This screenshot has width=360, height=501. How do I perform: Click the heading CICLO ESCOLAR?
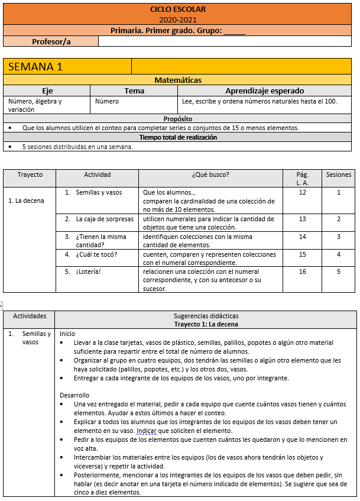178,9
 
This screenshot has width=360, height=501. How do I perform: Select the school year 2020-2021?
178,20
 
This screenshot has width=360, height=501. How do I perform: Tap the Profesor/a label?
51,41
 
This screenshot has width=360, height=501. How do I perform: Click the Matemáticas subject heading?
178,80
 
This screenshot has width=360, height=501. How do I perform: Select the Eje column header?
47,90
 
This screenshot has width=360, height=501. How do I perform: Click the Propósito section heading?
178,119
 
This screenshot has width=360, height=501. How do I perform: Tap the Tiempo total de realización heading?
178,137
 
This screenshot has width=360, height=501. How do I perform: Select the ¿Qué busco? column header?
210,174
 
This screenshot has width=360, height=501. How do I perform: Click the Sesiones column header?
339,174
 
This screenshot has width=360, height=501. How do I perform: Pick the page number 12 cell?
303,192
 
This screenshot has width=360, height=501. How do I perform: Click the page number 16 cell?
303,272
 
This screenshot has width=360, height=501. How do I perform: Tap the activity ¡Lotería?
89,272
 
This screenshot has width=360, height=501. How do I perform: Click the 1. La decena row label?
26,201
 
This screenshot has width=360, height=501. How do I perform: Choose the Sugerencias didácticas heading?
206,316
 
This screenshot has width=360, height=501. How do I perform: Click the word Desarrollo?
74,395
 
